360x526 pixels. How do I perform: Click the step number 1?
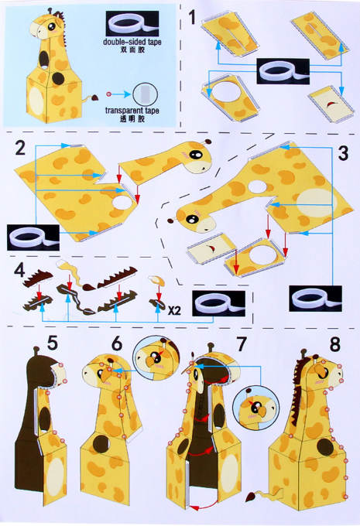[192, 18]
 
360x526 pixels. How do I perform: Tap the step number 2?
[20, 148]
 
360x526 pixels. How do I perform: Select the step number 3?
[343, 153]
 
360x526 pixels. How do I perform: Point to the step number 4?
[19, 270]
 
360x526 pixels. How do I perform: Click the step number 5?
[53, 343]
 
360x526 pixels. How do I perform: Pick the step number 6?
[117, 343]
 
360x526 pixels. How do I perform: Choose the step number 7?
[241, 343]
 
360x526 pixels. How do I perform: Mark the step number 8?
[334, 343]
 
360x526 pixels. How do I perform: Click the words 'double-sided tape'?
[132, 42]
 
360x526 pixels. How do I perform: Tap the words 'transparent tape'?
[132, 111]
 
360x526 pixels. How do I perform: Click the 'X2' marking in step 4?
[174, 311]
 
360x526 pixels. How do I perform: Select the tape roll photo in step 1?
[283, 71]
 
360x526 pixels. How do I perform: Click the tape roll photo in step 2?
[33, 237]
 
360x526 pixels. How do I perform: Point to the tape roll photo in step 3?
[315, 299]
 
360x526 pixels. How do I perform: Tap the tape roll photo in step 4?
[218, 303]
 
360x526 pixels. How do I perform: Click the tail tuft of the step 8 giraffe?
[251, 497]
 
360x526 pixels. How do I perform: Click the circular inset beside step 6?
[156, 358]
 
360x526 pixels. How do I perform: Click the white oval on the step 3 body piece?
[317, 203]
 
